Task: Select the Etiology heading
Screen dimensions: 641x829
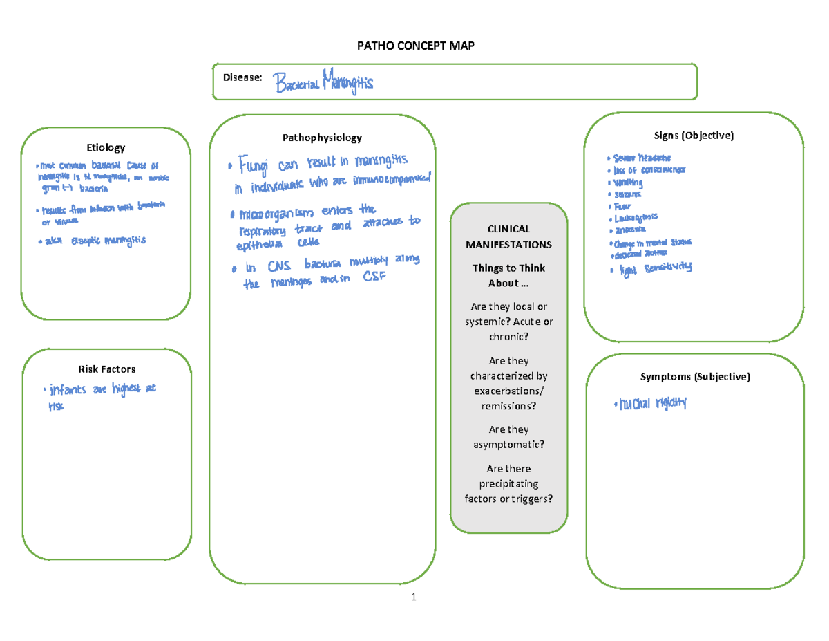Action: click(x=105, y=147)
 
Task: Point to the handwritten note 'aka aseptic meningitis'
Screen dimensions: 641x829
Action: click(x=94, y=240)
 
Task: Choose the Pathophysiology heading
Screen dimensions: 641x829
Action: click(x=322, y=138)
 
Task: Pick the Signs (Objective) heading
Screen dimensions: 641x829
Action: click(x=694, y=136)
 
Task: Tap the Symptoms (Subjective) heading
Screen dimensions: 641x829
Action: click(x=694, y=377)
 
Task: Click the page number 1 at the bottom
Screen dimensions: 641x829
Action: click(x=413, y=598)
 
